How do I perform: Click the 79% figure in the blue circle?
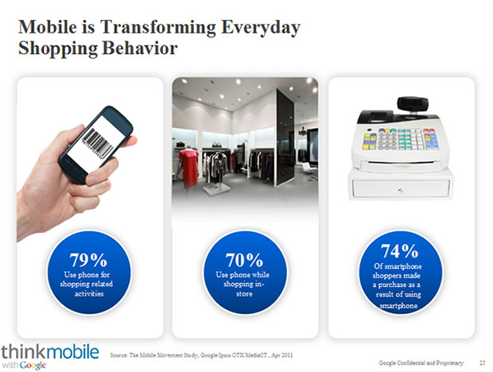coord(88,260)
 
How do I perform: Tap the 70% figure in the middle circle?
coord(244,260)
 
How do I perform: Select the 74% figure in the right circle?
coord(399,250)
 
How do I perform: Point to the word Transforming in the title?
coord(158,28)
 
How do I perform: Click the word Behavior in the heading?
coord(140,48)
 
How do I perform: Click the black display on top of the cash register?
coord(413,104)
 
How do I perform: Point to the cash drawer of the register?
coord(401,188)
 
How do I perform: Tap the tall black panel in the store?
coord(285,138)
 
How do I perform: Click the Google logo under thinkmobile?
coord(33,366)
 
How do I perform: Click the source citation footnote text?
coord(201,355)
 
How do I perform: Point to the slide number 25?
coord(483,363)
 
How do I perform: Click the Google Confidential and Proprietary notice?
coord(421,363)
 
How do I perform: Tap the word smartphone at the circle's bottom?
coord(398,305)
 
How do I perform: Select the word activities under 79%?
coord(89,294)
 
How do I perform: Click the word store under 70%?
coord(244,294)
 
